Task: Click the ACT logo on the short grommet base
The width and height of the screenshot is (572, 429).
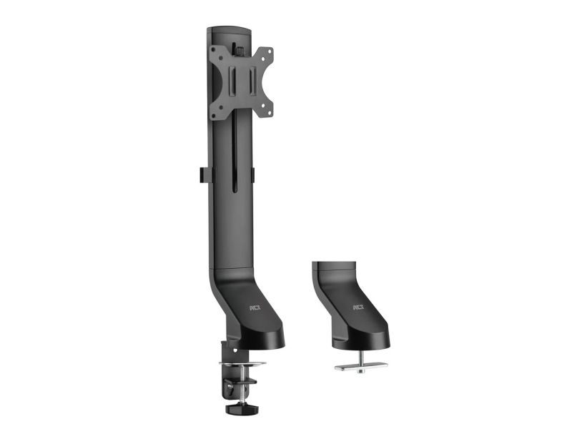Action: pos(359,307)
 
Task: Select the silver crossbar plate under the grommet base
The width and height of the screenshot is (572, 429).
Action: pos(361,366)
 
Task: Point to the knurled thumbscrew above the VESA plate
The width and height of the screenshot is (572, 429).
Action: pos(240,50)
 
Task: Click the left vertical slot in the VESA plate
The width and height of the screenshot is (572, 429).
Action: pos(232,80)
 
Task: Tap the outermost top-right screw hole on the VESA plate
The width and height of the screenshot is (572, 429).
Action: pos(270,50)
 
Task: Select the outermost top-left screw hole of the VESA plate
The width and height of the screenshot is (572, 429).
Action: pos(214,49)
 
